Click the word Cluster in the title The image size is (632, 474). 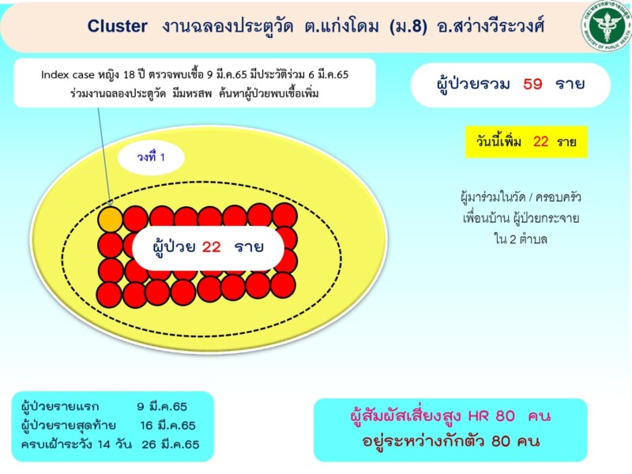pyautogui.click(x=117, y=26)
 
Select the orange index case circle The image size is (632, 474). pyautogui.click(x=110, y=220)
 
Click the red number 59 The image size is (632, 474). pyautogui.click(x=532, y=84)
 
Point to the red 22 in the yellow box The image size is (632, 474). pyautogui.click(x=540, y=141)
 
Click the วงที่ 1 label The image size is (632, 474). pyautogui.click(x=151, y=156)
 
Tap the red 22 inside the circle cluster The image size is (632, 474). pyautogui.click(x=211, y=246)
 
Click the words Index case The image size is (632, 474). pyautogui.click(x=67, y=75)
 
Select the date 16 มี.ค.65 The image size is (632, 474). pyautogui.click(x=167, y=425)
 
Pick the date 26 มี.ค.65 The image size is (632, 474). pyautogui.click(x=170, y=444)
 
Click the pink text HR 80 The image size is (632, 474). pyautogui.click(x=491, y=416)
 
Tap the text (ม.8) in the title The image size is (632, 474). pyautogui.click(x=408, y=26)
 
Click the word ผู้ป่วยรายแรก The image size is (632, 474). pyautogui.click(x=60, y=406)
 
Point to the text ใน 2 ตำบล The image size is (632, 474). pyautogui.click(x=521, y=239)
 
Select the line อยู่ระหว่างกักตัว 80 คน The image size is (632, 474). pyautogui.click(x=450, y=441)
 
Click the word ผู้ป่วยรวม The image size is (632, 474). pyautogui.click(x=472, y=84)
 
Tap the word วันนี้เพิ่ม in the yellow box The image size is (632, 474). pyautogui.click(x=498, y=141)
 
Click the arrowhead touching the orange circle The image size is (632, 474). pyautogui.click(x=110, y=203)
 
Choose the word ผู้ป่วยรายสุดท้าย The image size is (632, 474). pyautogui.click(x=69, y=425)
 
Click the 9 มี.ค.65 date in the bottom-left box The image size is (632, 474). pyautogui.click(x=162, y=406)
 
